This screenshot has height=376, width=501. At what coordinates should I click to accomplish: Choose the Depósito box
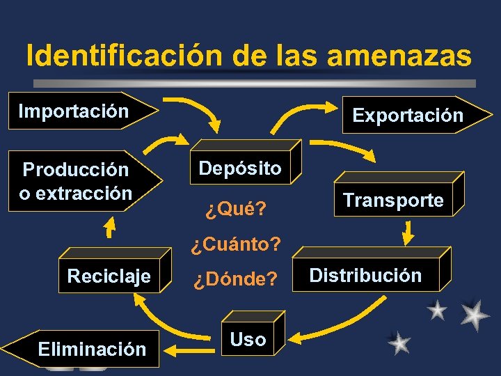[x=240, y=168]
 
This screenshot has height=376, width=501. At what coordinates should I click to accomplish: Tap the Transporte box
[x=392, y=201]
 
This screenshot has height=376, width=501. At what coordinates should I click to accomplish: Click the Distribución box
[x=365, y=275]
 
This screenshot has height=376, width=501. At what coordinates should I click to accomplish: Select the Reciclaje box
[x=109, y=276]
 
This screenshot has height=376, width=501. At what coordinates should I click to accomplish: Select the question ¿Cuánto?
[x=236, y=244]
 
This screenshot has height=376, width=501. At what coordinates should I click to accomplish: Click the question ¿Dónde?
[x=235, y=280]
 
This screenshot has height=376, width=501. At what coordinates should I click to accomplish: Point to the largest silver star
[x=475, y=315]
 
